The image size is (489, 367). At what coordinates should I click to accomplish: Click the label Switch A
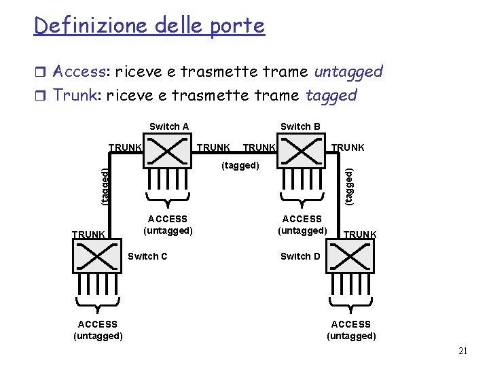[x=169, y=126]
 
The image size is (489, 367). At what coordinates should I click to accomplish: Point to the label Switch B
[x=300, y=126]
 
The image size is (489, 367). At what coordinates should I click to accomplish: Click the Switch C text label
[x=147, y=256]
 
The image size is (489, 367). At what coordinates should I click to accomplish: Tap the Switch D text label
[x=300, y=256]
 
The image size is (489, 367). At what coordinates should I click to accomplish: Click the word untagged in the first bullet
[x=348, y=71]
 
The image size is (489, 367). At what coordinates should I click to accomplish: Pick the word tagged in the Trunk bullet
[x=331, y=95]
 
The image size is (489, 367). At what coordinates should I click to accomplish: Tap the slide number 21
[x=463, y=351]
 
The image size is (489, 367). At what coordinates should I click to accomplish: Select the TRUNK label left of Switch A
[x=126, y=147]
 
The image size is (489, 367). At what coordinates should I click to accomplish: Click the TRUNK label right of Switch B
[x=348, y=147]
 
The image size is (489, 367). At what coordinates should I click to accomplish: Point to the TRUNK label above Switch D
[x=360, y=234]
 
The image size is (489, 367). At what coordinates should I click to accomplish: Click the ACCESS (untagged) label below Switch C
[x=98, y=330]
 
